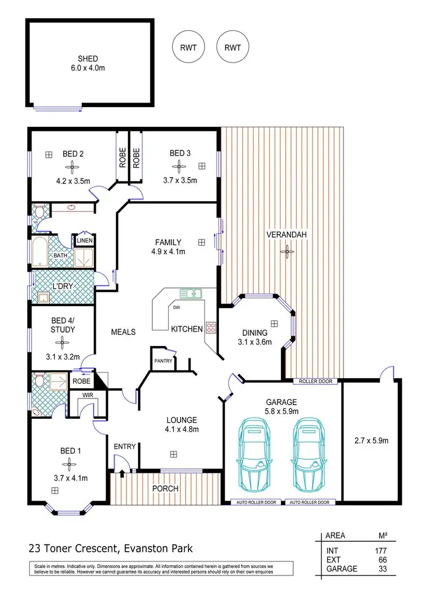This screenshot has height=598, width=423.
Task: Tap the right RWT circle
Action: (232, 48)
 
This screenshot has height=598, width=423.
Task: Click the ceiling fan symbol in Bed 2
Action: (72, 166)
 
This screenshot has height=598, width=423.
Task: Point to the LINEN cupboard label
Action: (85, 241)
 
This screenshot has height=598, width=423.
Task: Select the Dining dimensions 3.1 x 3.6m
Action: (253, 342)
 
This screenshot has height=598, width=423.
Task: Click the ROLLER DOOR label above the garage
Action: (316, 382)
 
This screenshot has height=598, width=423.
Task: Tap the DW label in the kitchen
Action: (177, 307)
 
